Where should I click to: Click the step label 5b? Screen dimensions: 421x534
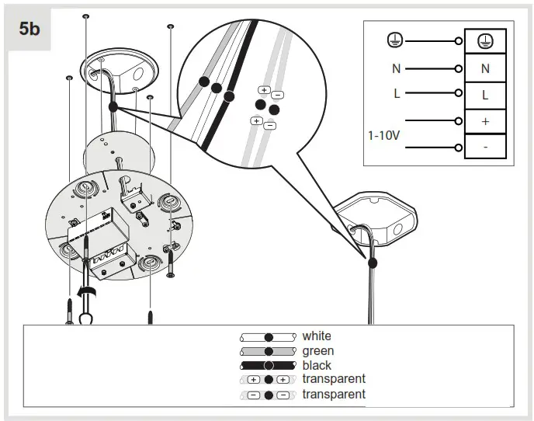click(30, 30)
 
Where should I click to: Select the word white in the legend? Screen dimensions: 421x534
click(317, 336)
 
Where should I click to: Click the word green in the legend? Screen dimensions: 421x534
click(317, 351)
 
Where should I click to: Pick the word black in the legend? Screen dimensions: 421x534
click(317, 365)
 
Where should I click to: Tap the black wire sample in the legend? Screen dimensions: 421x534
click(268, 365)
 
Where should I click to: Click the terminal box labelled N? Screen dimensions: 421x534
click(485, 68)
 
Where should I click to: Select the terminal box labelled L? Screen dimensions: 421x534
click(485, 96)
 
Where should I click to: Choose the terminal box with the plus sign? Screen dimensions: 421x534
click(485, 122)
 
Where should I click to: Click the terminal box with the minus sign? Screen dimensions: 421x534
click(485, 147)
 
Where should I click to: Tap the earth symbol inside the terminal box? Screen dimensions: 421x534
click(485, 41)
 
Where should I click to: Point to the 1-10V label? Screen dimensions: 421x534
click(383, 134)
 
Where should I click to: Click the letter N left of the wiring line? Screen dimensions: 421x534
click(396, 68)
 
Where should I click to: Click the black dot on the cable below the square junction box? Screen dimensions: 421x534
click(373, 263)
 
